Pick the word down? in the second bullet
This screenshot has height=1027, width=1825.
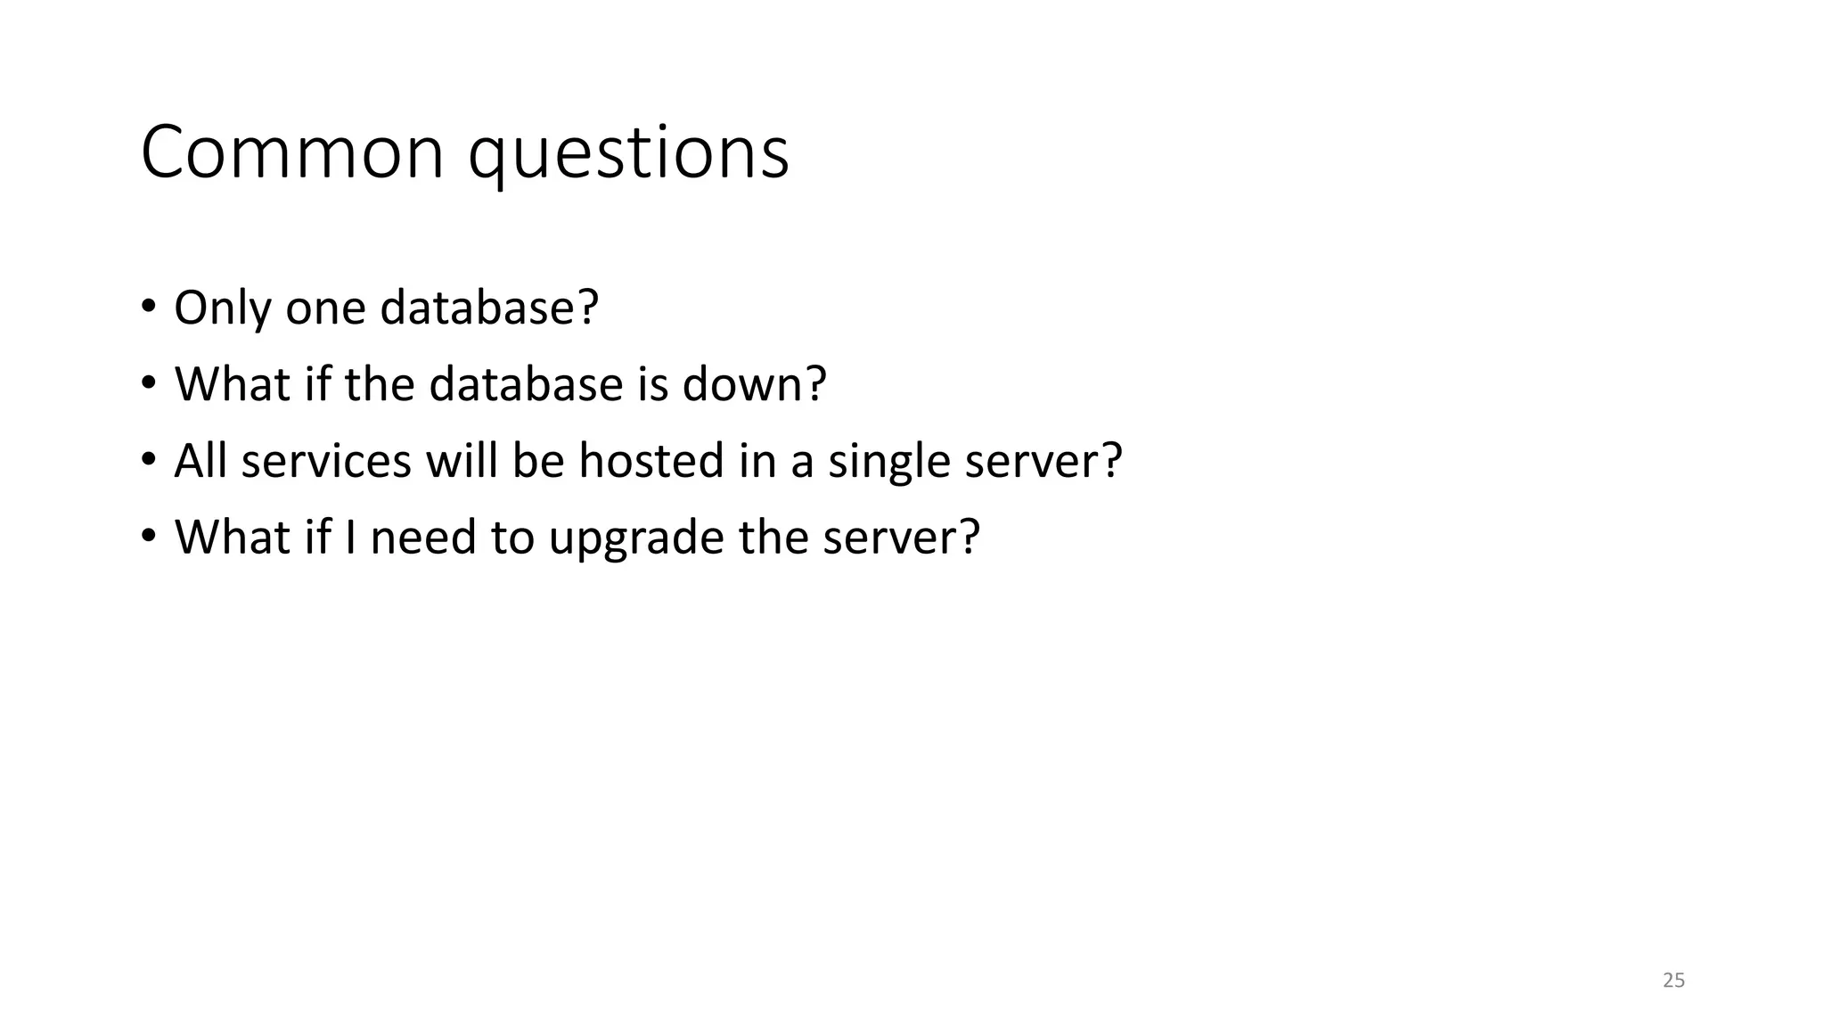[754, 384]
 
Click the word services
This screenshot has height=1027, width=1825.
[326, 461]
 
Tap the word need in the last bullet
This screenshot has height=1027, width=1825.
[422, 538]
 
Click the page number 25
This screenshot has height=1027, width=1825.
[1674, 981]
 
